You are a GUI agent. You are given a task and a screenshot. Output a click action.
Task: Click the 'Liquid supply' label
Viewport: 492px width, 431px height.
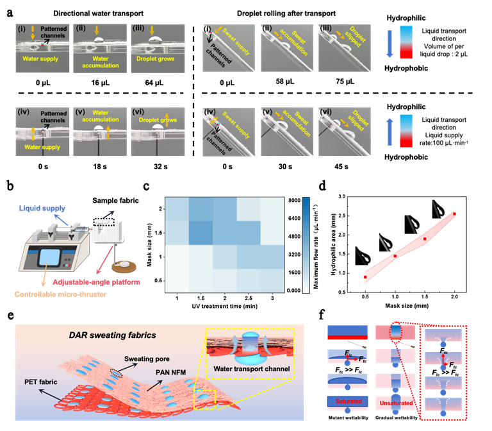(x=40, y=209)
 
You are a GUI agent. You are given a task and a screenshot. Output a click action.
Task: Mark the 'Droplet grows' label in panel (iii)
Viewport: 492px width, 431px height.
(x=156, y=59)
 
